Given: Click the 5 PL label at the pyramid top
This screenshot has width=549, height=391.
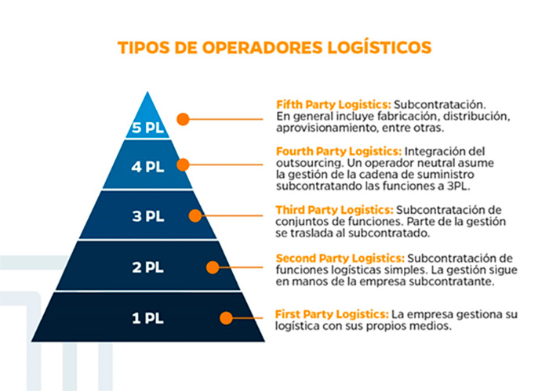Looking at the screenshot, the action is [x=147, y=128].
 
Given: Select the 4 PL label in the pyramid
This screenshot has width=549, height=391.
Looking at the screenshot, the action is [x=147, y=167].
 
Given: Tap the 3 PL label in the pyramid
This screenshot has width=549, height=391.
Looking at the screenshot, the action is [x=148, y=216].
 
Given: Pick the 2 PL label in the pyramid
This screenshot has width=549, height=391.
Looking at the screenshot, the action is [x=147, y=267].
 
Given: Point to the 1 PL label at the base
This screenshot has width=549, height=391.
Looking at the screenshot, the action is [x=147, y=318].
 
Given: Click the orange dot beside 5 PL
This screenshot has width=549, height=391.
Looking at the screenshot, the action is [x=183, y=119].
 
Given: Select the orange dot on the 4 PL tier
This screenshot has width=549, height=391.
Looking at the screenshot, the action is [x=183, y=165].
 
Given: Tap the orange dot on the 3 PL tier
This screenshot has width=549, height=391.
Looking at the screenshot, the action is [x=195, y=215].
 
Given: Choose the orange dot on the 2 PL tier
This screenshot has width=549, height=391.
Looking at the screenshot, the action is [x=213, y=267].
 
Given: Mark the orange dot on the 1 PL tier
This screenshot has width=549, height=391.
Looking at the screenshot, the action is [x=226, y=318].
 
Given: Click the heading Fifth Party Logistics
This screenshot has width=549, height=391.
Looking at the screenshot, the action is [x=333, y=104].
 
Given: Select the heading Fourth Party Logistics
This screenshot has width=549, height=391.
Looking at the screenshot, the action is [x=339, y=151].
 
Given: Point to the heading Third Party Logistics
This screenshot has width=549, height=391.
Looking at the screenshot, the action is [x=335, y=210].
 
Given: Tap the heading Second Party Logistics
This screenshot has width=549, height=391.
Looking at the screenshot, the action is [x=340, y=259].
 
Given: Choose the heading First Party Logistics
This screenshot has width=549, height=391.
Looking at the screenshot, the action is [x=333, y=314].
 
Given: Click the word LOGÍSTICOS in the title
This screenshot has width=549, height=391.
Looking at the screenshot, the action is [x=380, y=48].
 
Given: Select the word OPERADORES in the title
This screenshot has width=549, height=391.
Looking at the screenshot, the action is [x=262, y=48].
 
